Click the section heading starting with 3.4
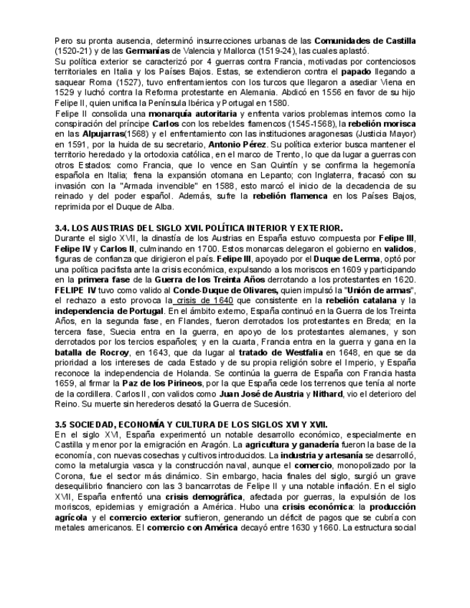[199, 228]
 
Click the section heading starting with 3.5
[192, 425]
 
